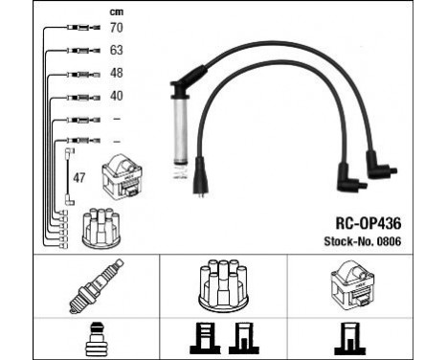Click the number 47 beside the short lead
[80, 176]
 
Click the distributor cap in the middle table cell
[222, 283]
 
